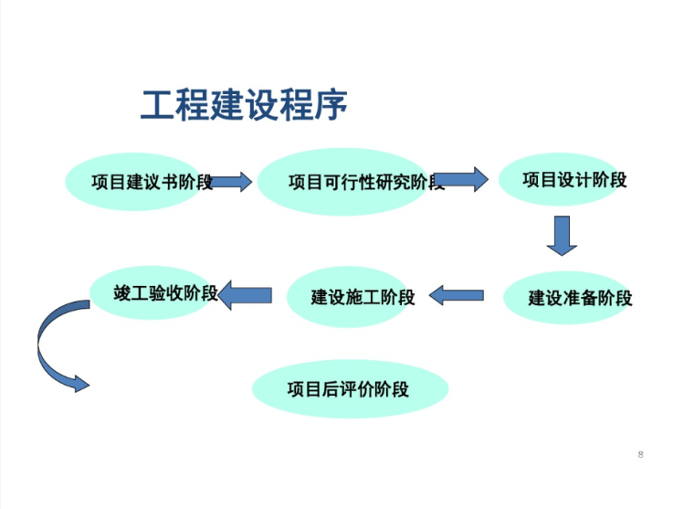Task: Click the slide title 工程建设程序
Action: [x=245, y=106]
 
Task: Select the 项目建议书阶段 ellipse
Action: [x=137, y=182]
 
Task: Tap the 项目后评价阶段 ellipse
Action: [x=351, y=389]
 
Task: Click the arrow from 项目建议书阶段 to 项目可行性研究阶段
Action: [x=232, y=182]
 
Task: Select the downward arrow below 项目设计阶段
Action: [x=562, y=236]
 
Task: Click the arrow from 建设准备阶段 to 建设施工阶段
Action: [x=456, y=295]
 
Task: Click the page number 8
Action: [x=641, y=454]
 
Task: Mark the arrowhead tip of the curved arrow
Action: [x=89, y=385]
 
